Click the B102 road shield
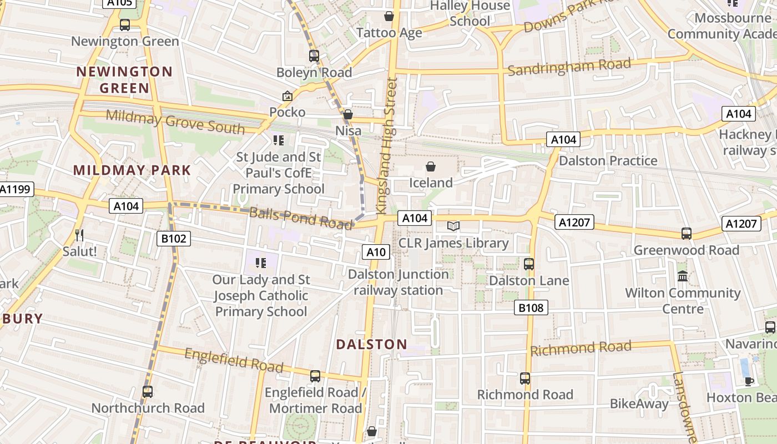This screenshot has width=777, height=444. click(174, 239)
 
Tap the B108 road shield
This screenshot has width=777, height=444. click(531, 307)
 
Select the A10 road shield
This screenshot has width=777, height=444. click(376, 252)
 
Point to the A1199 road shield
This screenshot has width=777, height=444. click(16, 189)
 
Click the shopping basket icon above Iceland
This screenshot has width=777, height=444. click(431, 166)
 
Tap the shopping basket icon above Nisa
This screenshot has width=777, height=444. click(348, 114)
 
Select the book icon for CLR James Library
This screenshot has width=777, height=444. click(453, 226)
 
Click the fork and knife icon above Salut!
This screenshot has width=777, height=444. click(79, 235)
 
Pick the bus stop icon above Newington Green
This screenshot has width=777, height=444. click(125, 25)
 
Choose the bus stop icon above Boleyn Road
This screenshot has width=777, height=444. click(314, 56)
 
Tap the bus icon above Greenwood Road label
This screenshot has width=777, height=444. click(687, 234)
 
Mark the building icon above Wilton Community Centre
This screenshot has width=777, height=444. click(683, 276)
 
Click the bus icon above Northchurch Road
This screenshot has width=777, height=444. click(148, 391)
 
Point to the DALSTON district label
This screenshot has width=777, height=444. click(371, 344)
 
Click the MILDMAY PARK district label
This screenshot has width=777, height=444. click(132, 170)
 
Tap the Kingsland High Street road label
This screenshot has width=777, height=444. click(386, 145)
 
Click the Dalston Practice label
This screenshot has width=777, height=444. click(608, 161)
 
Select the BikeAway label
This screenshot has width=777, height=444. click(639, 403)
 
